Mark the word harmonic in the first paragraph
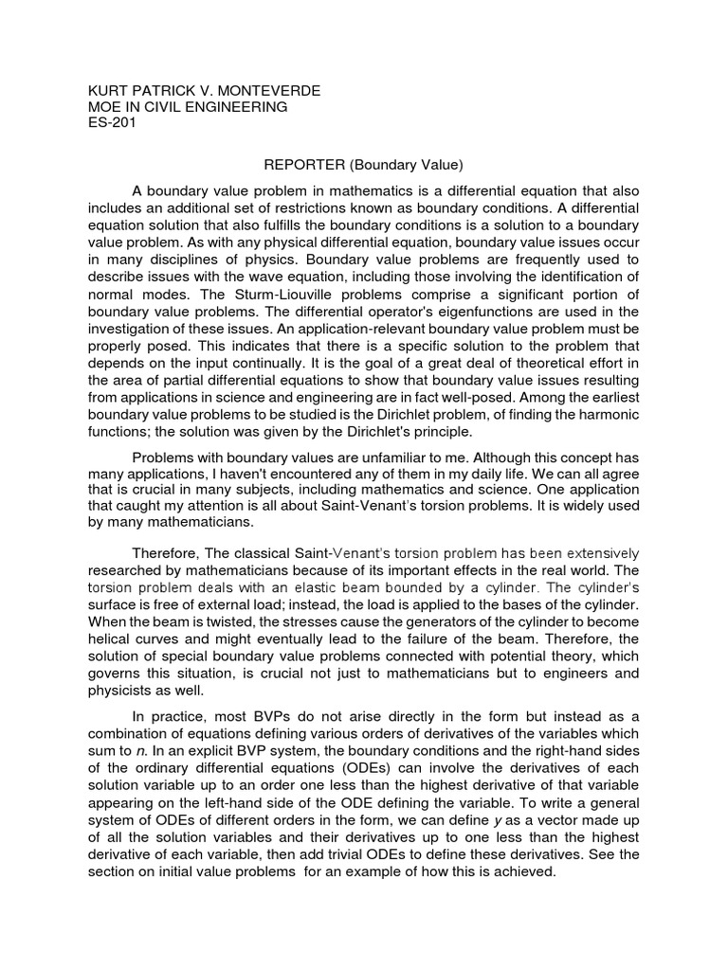pyautogui.click(x=607, y=416)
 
